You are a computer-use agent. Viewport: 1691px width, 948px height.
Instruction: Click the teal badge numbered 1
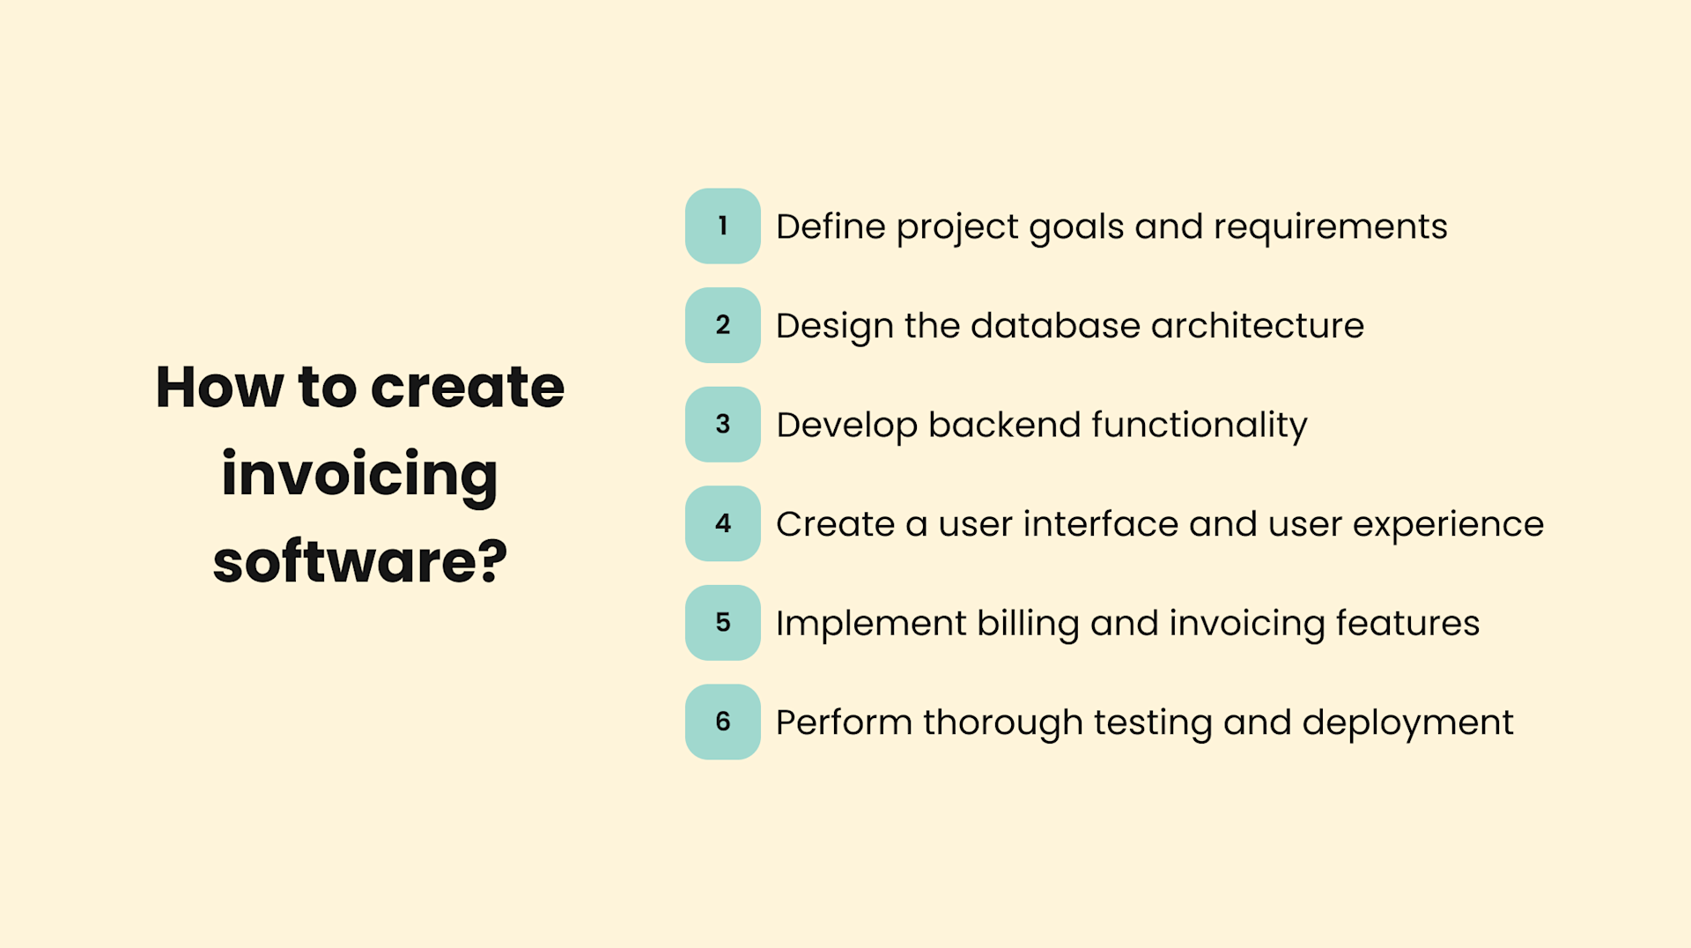(x=722, y=226)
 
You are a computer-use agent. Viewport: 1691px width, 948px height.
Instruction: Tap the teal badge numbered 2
(x=722, y=325)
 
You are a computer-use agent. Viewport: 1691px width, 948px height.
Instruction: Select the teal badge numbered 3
(x=722, y=425)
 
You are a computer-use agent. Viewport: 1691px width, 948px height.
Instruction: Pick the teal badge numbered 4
(x=722, y=523)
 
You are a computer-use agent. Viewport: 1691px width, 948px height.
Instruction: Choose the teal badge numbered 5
(x=722, y=623)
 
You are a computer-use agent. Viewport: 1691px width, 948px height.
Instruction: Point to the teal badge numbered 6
(x=722, y=722)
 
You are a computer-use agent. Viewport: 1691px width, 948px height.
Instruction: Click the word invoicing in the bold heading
(x=359, y=476)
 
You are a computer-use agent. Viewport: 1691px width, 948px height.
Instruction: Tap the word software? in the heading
(x=359, y=561)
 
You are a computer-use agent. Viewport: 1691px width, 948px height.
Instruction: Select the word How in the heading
(x=219, y=388)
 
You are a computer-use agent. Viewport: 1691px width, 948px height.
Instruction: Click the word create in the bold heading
(x=467, y=388)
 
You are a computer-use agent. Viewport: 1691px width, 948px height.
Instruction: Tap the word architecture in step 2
(x=1257, y=326)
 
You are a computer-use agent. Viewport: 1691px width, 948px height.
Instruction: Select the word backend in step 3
(x=1003, y=425)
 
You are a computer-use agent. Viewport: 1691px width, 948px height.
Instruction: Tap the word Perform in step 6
(x=843, y=722)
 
